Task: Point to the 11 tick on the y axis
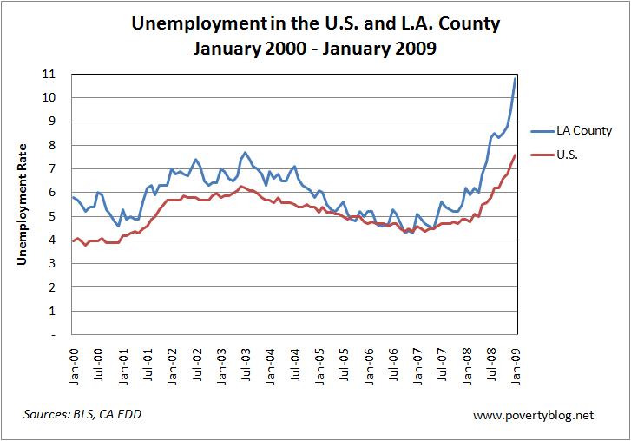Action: (57, 74)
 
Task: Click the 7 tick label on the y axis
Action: (58, 168)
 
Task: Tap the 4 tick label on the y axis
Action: (58, 240)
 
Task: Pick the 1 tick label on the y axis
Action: (58, 311)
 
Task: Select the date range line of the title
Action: (315, 49)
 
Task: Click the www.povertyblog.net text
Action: (535, 415)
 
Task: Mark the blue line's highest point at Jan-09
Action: (516, 78)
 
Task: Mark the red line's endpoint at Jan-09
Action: (516, 155)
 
